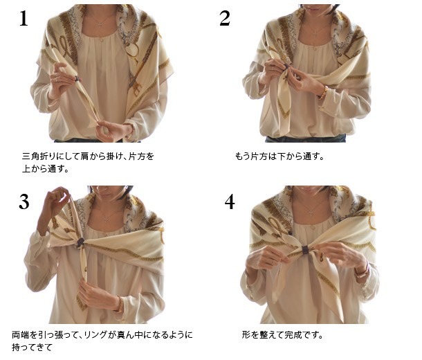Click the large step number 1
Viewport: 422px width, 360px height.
(x=24, y=19)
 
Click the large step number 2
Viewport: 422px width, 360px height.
(x=225, y=18)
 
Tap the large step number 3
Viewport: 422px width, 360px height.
(x=24, y=201)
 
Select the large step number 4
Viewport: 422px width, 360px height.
(x=230, y=201)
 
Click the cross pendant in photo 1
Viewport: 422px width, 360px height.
(x=100, y=25)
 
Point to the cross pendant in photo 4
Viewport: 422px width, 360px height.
(x=311, y=213)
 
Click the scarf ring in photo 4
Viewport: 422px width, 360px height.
(x=304, y=250)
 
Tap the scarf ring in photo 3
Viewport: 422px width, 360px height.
(x=80, y=243)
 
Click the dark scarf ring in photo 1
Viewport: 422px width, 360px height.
(x=77, y=79)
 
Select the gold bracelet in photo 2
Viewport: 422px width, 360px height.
(x=324, y=92)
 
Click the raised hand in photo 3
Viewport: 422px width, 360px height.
(x=57, y=197)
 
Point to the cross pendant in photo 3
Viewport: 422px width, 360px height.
(x=107, y=219)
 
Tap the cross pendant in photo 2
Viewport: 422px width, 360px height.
(x=315, y=34)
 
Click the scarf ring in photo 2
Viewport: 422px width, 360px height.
(x=287, y=66)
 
